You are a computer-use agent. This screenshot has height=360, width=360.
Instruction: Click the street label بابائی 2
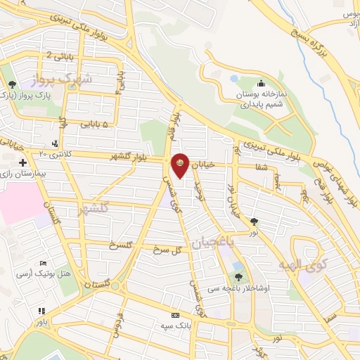tap(59, 55)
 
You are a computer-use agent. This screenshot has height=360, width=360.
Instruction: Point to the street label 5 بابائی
tap(94, 124)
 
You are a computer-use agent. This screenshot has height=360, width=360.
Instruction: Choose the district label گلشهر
tap(95, 209)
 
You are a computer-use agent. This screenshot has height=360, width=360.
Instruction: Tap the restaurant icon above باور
tap(42, 311)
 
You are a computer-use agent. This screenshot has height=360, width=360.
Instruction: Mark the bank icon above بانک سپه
tap(175, 315)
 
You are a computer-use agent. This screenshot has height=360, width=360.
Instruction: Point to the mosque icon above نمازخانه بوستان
tap(261, 83)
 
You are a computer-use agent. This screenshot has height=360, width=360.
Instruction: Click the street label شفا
tap(262, 167)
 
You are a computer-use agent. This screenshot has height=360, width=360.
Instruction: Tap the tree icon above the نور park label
tap(254, 221)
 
